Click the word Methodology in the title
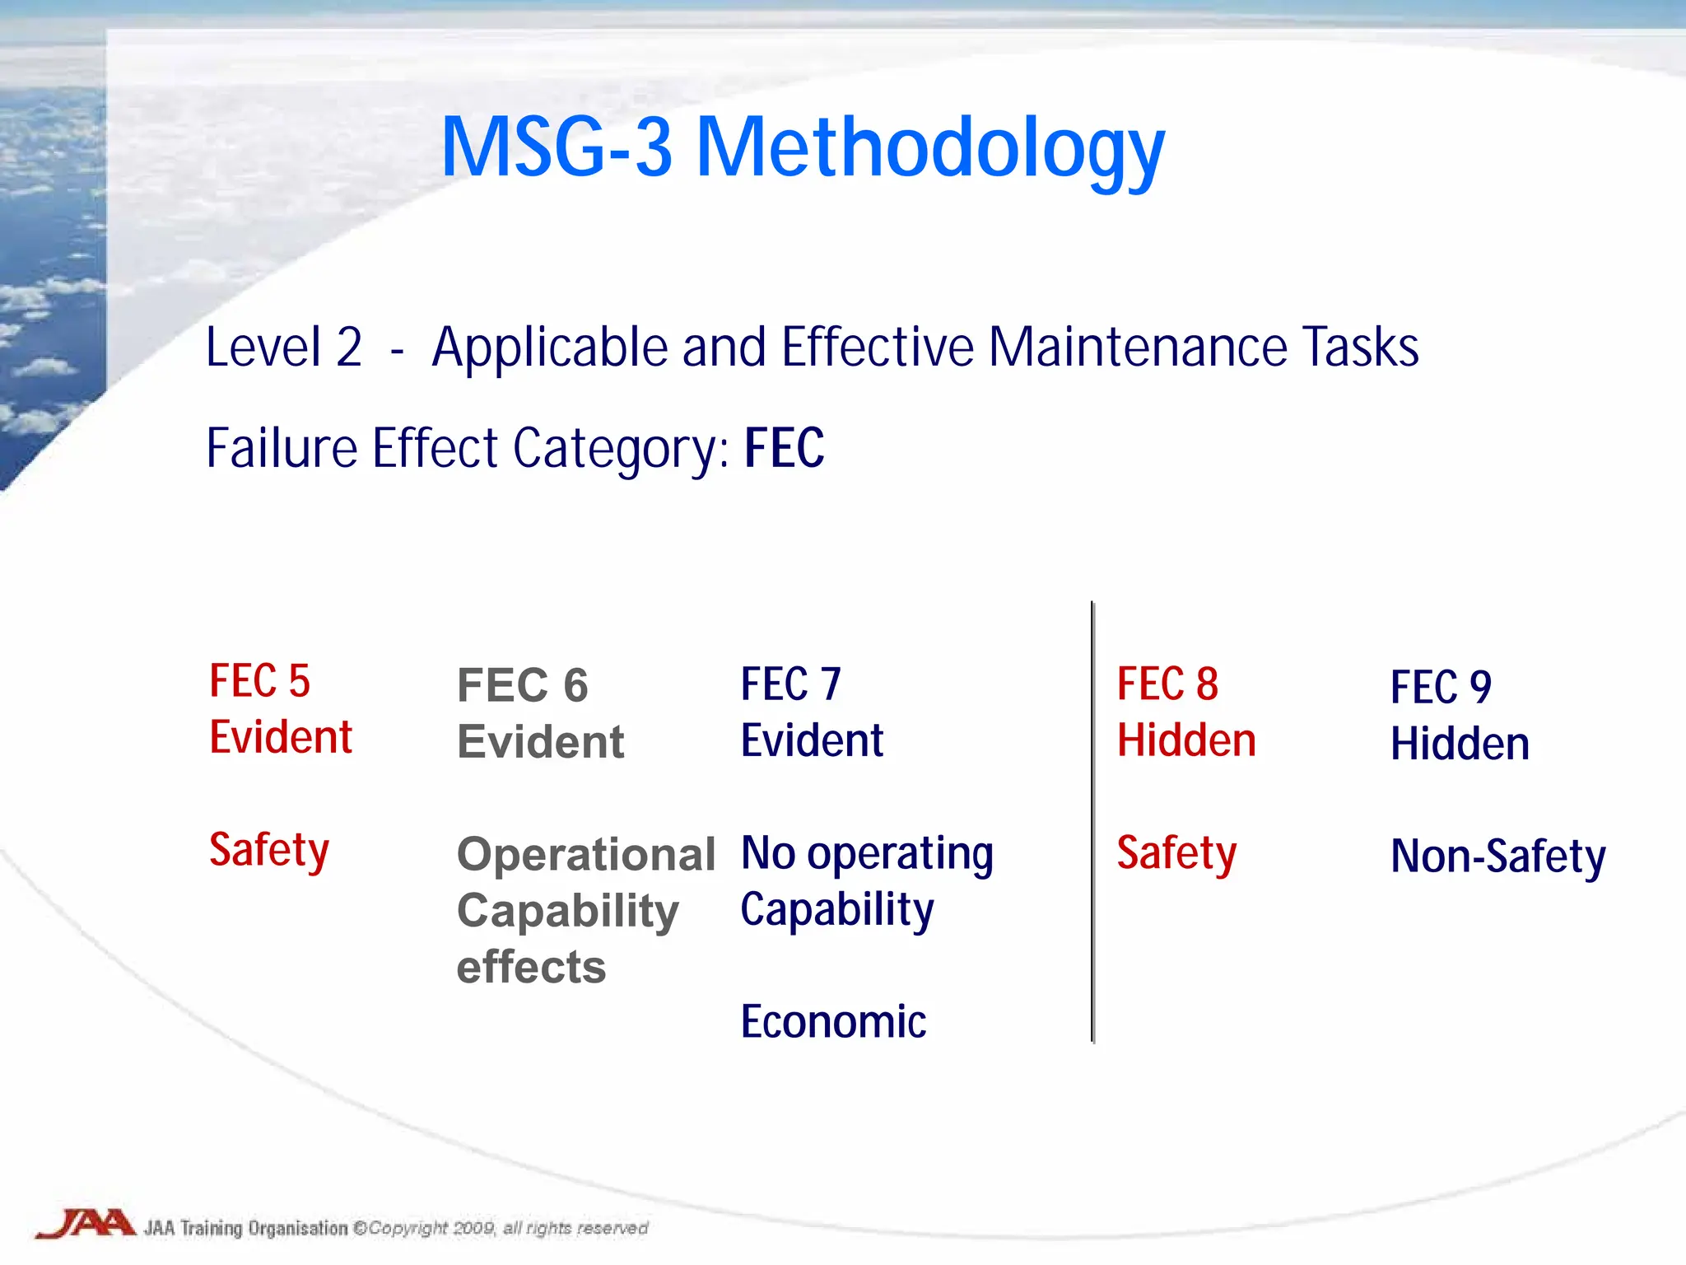(930, 148)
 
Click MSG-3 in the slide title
(557, 148)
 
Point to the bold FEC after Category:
(784, 448)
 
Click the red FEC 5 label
(259, 681)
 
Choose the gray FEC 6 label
(522, 685)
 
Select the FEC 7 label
(790, 684)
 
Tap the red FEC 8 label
(1167, 684)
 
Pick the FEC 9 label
(1441, 687)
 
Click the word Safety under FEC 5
(269, 850)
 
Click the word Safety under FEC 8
(1176, 853)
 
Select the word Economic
(833, 1022)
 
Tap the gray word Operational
(586, 854)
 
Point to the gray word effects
(531, 967)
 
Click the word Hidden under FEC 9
(1460, 744)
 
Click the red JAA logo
(86, 1224)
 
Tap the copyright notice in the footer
(501, 1228)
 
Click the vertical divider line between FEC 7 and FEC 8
(1092, 824)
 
